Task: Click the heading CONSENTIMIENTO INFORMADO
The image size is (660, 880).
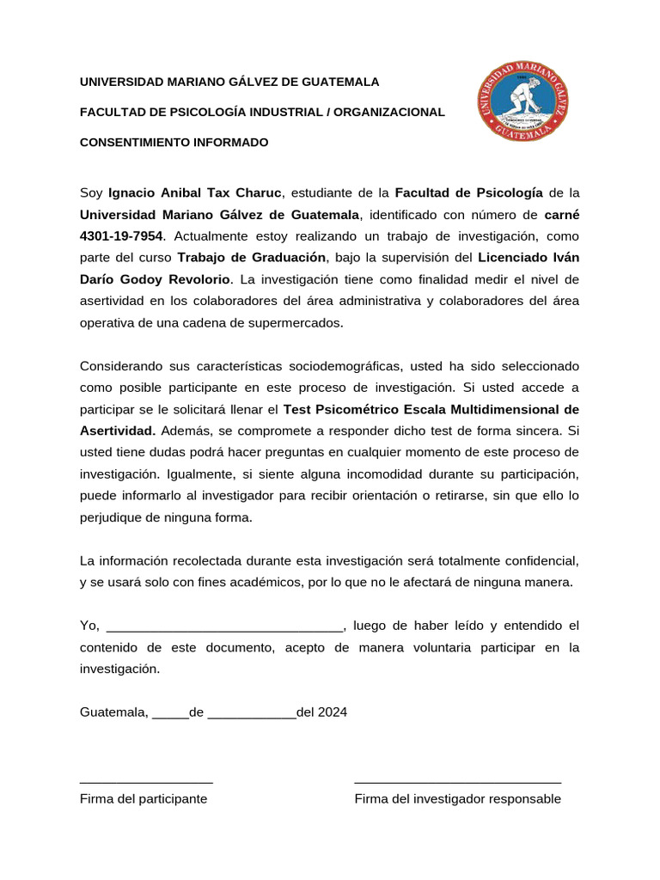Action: tap(174, 142)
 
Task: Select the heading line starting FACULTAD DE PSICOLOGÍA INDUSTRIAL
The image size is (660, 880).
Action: tap(262, 112)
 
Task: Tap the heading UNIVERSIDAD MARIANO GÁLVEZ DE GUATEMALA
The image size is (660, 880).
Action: tap(229, 82)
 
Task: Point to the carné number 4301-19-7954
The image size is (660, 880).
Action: tap(121, 235)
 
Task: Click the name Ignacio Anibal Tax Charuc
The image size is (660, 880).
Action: tap(195, 192)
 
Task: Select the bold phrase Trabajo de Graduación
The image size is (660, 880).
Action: tap(252, 257)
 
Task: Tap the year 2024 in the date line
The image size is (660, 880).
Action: tap(333, 712)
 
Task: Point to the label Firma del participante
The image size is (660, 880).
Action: tap(144, 798)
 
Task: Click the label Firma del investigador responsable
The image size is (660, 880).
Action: tap(458, 798)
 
